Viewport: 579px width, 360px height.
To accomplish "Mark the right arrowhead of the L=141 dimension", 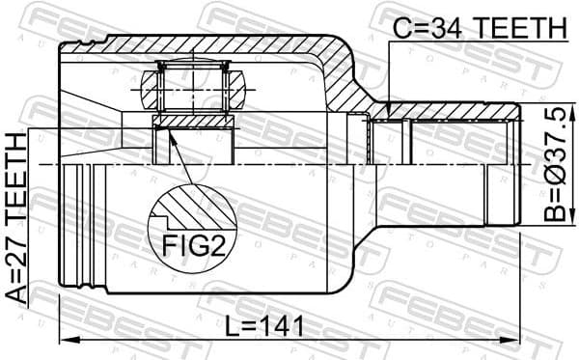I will [x=516, y=340].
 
